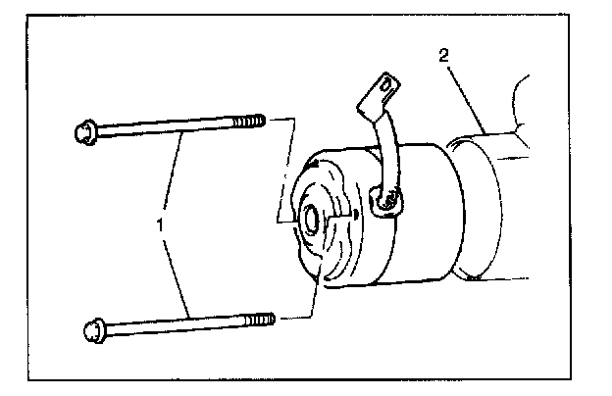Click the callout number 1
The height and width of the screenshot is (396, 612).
pos(160,224)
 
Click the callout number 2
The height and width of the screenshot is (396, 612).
pos(443,56)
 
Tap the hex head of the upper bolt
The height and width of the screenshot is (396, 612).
pos(85,132)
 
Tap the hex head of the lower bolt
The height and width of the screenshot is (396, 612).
pos(95,330)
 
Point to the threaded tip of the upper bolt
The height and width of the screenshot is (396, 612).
pos(250,122)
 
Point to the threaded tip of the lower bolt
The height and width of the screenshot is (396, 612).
pos(260,321)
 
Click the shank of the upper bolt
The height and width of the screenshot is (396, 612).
pos(165,127)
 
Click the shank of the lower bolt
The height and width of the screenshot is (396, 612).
pos(176,325)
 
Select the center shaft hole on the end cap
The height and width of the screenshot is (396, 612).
pos(312,221)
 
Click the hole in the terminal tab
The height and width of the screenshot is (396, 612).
pos(386,85)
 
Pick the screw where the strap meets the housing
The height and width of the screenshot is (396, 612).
pos(388,200)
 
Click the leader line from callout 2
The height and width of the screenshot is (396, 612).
pos(467,100)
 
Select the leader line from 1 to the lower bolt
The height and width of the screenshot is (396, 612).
pos(177,278)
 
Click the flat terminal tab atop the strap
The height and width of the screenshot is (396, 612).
pos(379,95)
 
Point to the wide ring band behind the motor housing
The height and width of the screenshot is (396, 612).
pos(479,207)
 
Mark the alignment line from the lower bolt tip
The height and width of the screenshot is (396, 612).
pos(312,297)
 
